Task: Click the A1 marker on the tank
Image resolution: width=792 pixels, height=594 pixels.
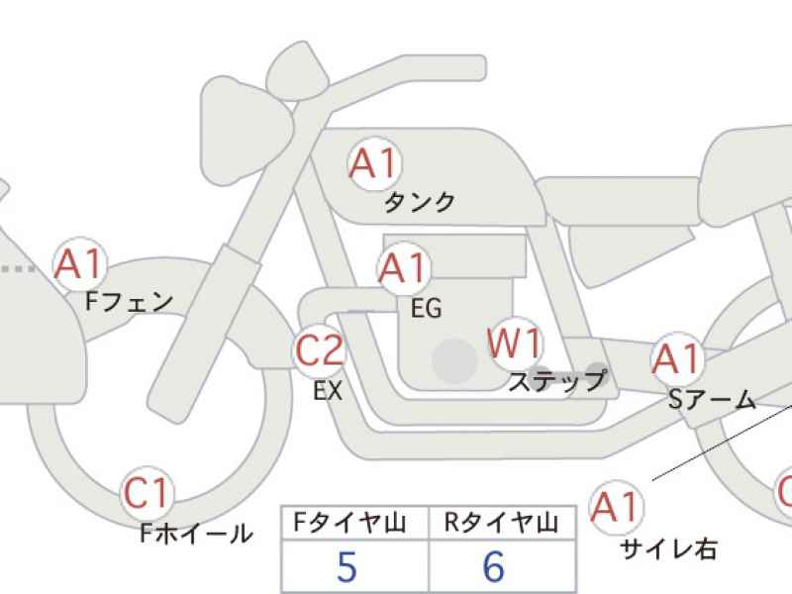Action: pos(374,163)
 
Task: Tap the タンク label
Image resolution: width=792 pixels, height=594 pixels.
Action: pos(419,202)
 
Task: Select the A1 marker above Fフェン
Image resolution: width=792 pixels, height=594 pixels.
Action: pos(80,264)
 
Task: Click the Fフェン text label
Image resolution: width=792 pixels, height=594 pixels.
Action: pos(130,302)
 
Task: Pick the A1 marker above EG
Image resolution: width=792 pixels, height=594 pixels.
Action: pos(404,268)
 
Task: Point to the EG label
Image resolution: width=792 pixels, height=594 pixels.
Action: pos(427,308)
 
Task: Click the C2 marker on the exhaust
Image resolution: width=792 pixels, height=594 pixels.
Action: pos(319,350)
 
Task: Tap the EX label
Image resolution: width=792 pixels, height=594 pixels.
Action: pos(328,390)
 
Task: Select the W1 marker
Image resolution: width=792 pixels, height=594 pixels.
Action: pos(514,344)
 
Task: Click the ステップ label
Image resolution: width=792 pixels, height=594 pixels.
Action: pos(557,381)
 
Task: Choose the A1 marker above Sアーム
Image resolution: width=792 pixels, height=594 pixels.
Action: pos(677,358)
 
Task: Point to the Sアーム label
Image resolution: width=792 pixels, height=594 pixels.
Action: pos(712,400)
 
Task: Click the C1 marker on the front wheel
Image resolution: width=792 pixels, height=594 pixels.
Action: pos(147,493)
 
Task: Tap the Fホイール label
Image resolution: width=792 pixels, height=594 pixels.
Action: pos(196,533)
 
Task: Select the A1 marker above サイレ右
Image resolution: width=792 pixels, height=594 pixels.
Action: pos(616,507)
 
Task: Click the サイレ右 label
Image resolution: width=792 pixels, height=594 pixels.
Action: pos(669,548)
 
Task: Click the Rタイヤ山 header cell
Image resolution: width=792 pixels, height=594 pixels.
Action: pos(502,523)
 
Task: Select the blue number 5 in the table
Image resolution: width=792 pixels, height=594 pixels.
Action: pos(347,566)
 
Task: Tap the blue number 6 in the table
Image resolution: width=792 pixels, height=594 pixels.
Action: pos(494,566)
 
